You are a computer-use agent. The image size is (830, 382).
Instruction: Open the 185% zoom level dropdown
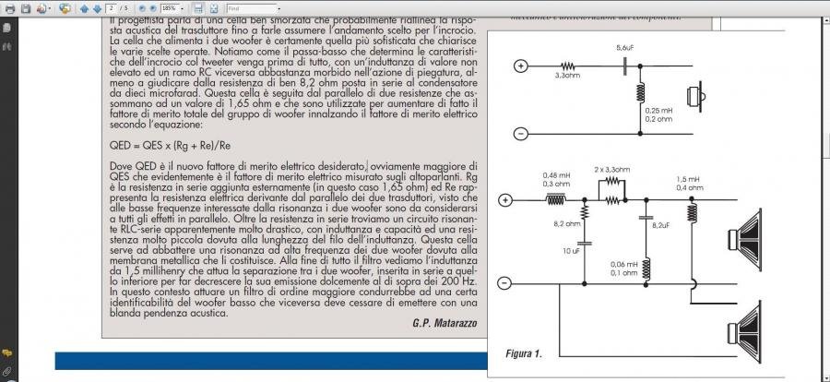(169, 7)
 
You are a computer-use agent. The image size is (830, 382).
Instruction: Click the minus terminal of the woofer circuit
(505, 285)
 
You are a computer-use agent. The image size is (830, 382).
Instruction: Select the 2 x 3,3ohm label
(611, 171)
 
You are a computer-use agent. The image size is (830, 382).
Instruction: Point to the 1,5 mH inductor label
(688, 178)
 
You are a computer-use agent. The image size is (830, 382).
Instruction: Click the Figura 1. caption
(523, 353)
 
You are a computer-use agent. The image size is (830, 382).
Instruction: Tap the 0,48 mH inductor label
(556, 175)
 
